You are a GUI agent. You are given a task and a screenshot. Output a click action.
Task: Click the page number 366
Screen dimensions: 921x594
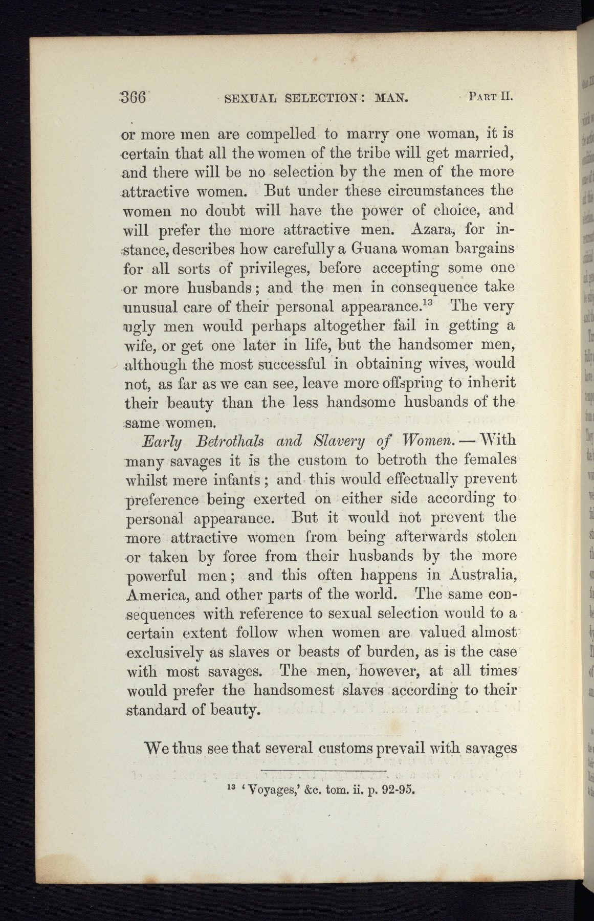134,97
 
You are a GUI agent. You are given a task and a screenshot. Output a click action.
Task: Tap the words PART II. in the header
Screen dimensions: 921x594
490,96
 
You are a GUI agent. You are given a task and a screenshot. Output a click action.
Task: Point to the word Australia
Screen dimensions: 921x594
481,575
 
